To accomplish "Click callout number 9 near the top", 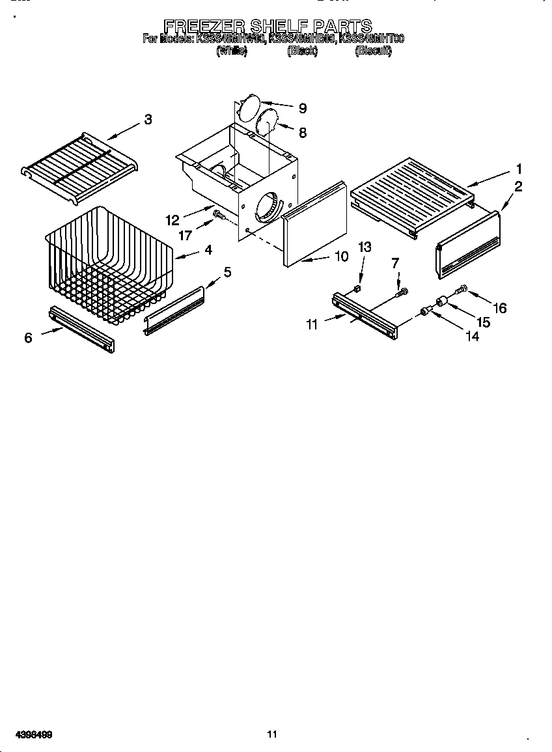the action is coord(302,109).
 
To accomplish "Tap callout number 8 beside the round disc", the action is coord(302,133).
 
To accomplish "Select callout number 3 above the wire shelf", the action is coord(148,119).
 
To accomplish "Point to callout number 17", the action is coord(186,235).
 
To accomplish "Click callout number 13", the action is coord(365,247).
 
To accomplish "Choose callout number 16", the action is coord(499,308).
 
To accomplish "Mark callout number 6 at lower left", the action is coord(28,338).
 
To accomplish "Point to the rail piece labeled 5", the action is coord(174,311).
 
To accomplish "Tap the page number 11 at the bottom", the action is coord(272,734).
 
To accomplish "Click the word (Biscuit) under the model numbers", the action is coord(373,51).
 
